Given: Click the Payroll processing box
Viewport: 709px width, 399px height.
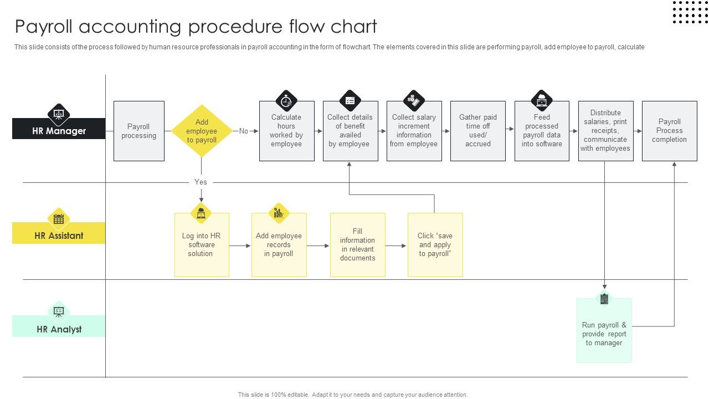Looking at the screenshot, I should coord(139,131).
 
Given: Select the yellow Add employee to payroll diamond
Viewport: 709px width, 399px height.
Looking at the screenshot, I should coord(202,131).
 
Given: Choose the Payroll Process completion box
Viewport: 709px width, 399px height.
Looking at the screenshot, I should coord(669,131).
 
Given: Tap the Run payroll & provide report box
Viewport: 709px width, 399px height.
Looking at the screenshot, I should coord(604,334).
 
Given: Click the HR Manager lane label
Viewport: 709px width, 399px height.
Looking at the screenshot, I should coord(59,131).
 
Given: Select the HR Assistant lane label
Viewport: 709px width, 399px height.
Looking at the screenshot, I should coord(59,236).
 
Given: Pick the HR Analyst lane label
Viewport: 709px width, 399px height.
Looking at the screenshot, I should coord(59,329).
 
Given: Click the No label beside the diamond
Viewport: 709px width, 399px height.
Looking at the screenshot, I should coord(244,131).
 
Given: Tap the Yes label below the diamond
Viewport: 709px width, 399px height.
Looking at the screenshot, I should coord(201,182).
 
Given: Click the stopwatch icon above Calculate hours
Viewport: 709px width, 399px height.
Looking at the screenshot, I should coord(286,101).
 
